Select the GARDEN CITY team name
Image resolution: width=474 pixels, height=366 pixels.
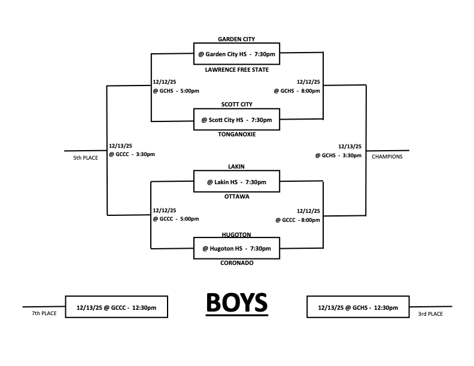(x=236, y=39)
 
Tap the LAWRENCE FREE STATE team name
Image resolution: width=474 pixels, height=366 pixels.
(x=236, y=69)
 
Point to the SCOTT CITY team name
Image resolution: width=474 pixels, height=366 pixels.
(x=236, y=104)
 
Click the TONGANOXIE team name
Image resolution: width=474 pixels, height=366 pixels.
(x=236, y=135)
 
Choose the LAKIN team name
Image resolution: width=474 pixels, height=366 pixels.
(x=236, y=166)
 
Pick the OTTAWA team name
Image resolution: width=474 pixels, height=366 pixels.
(x=236, y=196)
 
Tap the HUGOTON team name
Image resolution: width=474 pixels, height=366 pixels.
(x=236, y=234)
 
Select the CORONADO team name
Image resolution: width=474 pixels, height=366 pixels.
(x=236, y=263)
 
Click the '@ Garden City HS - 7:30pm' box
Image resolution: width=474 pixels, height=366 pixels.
(x=236, y=54)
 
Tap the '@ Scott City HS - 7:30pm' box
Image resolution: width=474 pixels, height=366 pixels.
(x=236, y=120)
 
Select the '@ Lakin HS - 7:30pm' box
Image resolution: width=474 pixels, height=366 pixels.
(x=236, y=181)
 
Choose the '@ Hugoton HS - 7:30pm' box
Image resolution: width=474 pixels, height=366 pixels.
(x=236, y=248)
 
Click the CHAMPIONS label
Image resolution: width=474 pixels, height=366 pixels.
(x=387, y=157)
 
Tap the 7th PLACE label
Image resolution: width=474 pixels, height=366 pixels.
(x=44, y=313)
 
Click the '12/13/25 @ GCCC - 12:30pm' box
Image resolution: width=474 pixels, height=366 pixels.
(x=117, y=307)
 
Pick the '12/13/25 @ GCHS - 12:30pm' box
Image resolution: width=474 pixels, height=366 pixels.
(x=358, y=307)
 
